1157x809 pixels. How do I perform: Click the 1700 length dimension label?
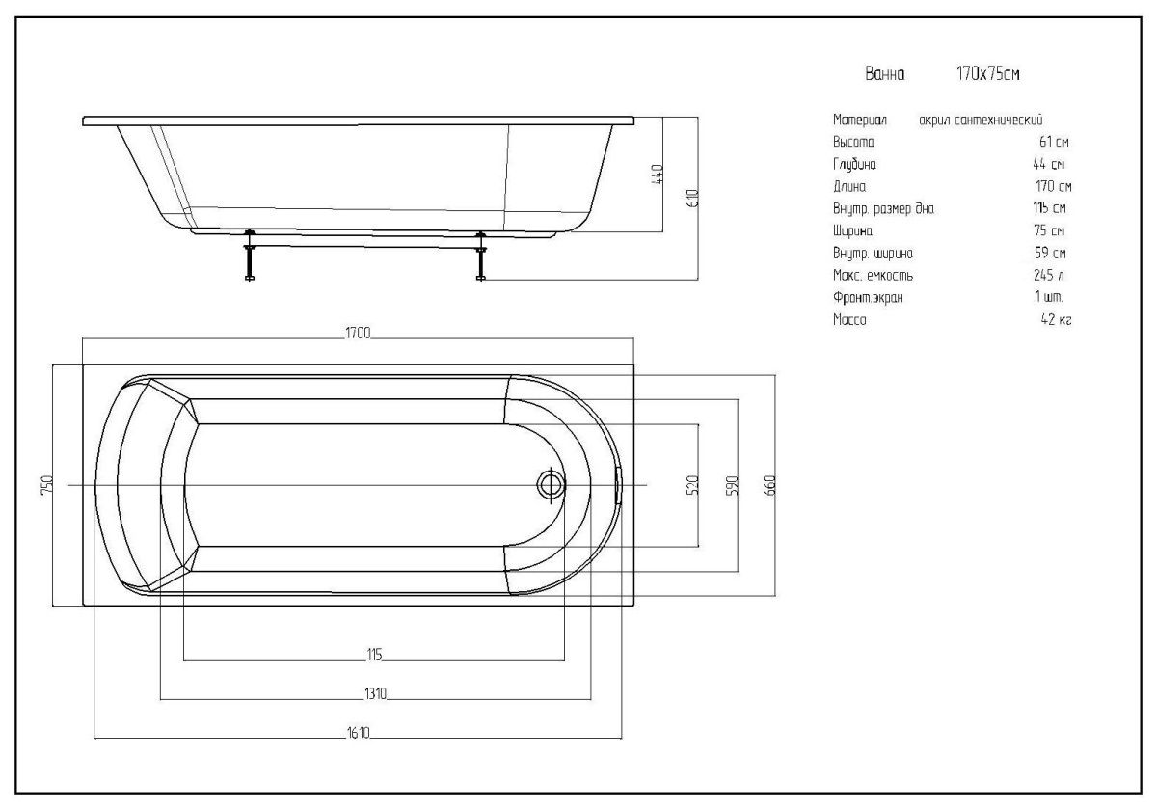coord(358,333)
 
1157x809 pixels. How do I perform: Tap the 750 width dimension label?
coord(46,485)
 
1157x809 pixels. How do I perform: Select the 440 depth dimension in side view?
coord(657,175)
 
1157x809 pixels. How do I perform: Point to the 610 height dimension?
coord(692,199)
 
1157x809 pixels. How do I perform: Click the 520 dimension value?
coord(692,485)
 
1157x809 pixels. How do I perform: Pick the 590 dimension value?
coord(732,485)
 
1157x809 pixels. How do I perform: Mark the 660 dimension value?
coord(769,485)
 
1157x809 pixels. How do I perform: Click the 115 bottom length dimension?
coord(374,654)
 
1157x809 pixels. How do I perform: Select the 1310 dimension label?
coord(375,693)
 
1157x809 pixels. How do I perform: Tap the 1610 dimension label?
coord(359,733)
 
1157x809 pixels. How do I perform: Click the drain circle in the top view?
coord(551,485)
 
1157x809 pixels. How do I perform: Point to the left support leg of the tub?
coord(250,256)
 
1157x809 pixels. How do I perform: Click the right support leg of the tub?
coord(481,256)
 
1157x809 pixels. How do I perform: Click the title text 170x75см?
coord(987,74)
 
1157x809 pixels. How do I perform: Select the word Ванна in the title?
coord(885,74)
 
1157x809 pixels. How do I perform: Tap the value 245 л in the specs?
coord(1049,275)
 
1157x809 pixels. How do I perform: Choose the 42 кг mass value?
coord(1057,319)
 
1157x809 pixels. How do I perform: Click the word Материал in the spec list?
coord(860,120)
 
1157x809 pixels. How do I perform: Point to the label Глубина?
coord(855,164)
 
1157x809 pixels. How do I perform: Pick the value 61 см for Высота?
coord(1054,142)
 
